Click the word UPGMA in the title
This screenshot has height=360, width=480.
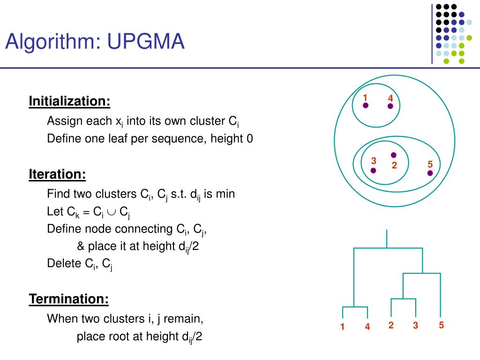tap(146, 41)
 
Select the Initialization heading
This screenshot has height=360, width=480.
tap(69, 101)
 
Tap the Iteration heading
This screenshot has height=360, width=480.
tap(57, 174)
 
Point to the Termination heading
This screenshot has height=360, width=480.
tap(69, 299)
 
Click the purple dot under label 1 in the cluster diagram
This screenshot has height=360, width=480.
tap(366, 105)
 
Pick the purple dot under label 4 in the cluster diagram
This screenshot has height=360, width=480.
tap(390, 106)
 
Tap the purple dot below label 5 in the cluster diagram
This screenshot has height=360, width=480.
tap(430, 173)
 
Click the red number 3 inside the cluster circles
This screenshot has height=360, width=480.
tap(374, 161)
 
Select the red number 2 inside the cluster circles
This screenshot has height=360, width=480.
tap(394, 165)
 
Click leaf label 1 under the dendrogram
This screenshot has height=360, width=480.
tap(343, 327)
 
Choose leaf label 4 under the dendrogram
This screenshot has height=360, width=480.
tap(367, 327)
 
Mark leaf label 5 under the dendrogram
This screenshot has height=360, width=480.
tap(441, 325)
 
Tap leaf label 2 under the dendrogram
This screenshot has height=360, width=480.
tap(391, 325)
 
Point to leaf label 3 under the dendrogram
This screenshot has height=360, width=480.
tap(415, 325)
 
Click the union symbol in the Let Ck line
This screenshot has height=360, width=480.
tap(112, 212)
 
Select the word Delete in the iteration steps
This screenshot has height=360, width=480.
tap(64, 263)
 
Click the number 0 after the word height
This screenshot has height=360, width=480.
tap(250, 139)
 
